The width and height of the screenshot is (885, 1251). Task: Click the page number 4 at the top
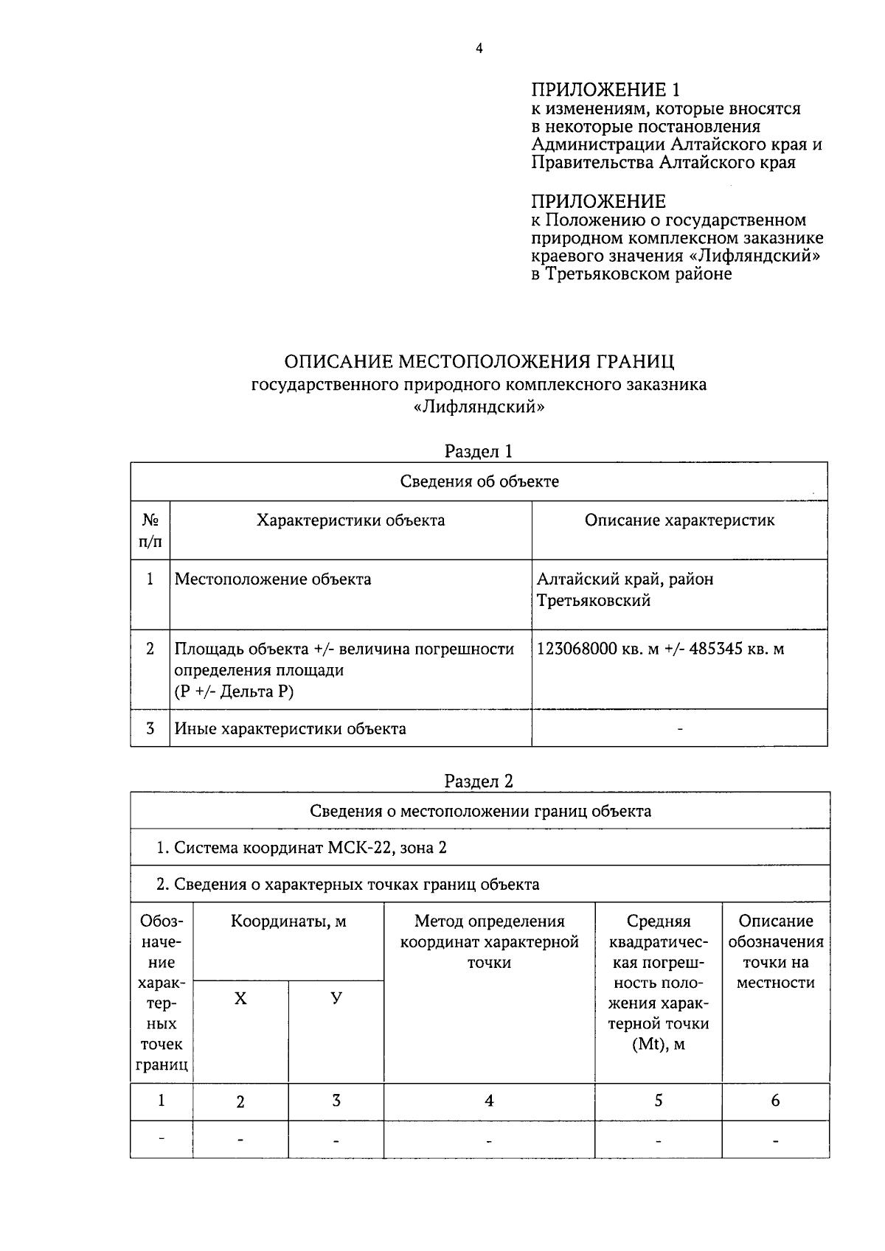coord(479,49)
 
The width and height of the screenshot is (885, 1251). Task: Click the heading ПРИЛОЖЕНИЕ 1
coord(605,90)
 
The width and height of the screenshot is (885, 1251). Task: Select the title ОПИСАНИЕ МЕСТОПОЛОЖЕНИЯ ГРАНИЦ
coord(479,362)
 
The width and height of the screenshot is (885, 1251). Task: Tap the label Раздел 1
coord(479,450)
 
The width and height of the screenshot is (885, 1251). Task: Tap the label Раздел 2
coord(479,781)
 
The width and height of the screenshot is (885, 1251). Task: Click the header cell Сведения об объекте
coord(479,481)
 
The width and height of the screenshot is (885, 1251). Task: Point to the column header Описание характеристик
coord(679,520)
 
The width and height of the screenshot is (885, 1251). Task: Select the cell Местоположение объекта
coord(273,579)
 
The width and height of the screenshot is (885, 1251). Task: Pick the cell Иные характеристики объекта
coord(290,728)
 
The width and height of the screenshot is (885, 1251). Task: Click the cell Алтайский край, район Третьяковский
coord(625,589)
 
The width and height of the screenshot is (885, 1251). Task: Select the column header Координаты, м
coord(288,921)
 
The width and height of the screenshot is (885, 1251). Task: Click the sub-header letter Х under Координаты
coord(240,999)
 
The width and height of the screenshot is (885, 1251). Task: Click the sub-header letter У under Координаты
coord(336,999)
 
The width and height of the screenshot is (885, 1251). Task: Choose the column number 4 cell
coord(489,1101)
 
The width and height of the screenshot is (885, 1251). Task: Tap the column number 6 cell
coord(775,1101)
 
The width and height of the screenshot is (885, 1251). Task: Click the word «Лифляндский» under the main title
coord(479,406)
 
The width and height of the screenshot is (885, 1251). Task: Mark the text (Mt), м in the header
coord(658,1045)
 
